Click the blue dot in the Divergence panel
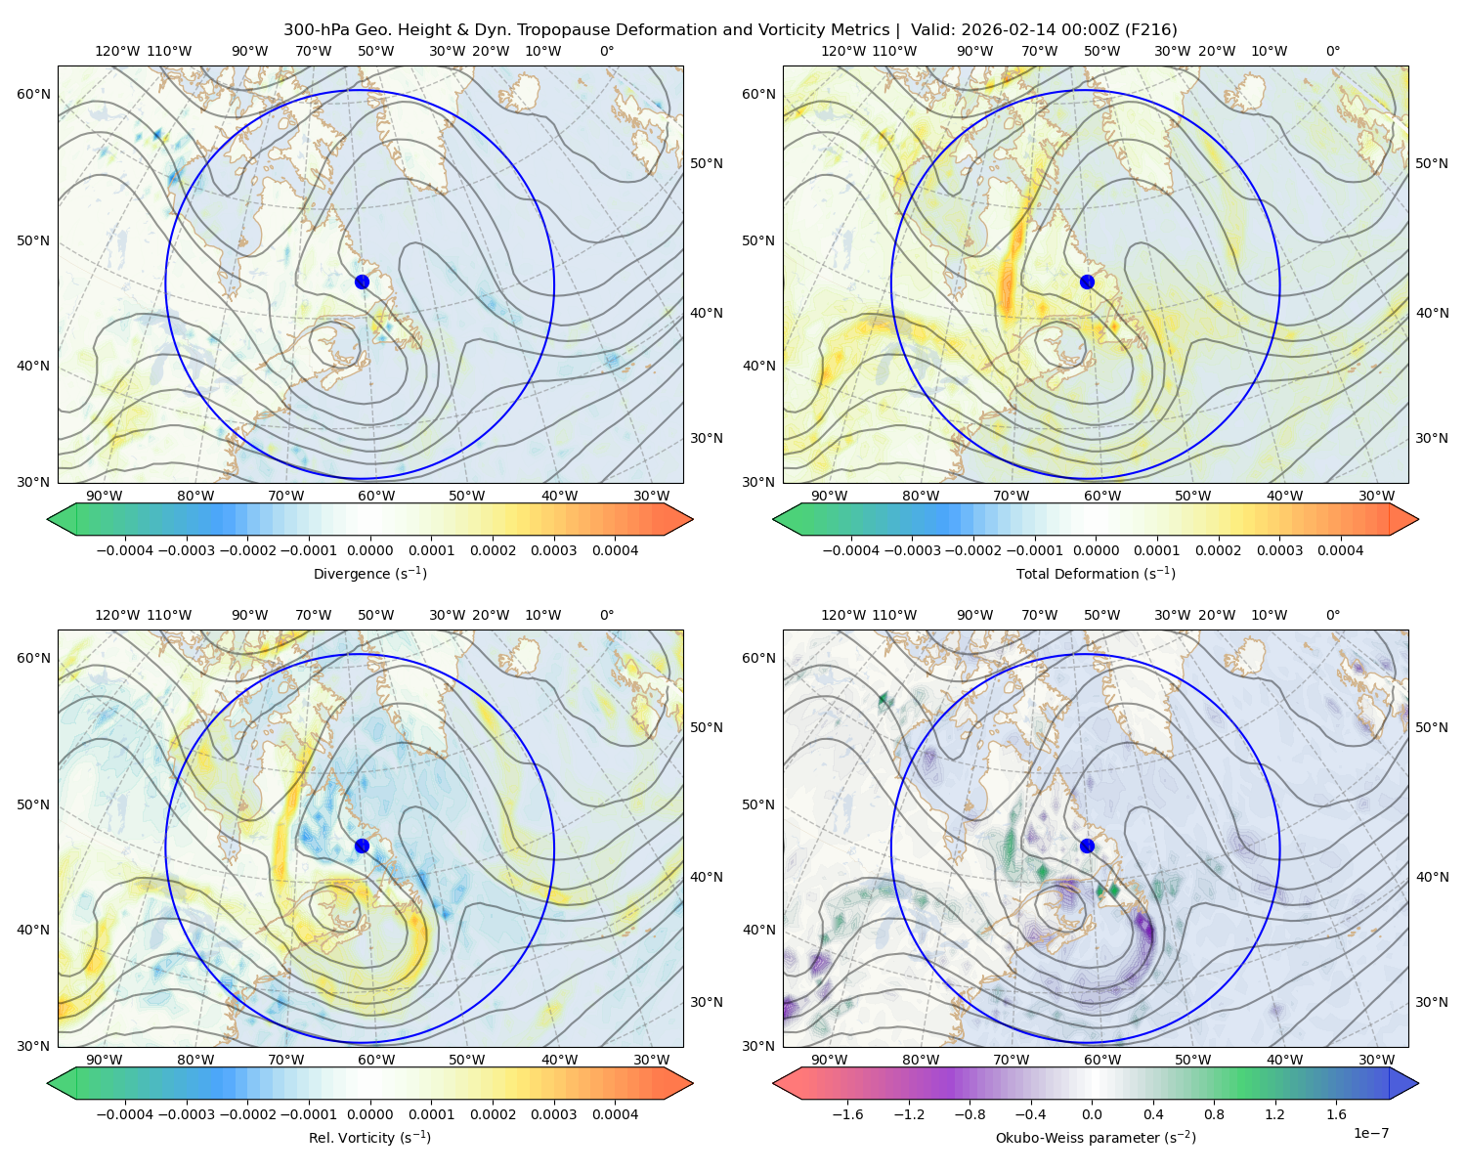click(x=362, y=282)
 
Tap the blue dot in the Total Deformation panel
click(x=1087, y=282)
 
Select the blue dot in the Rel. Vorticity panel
click(x=362, y=846)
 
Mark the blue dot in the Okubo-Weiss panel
click(x=1087, y=846)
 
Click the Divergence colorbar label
click(x=369, y=573)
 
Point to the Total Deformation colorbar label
click(x=1096, y=573)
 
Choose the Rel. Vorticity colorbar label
click(x=369, y=1137)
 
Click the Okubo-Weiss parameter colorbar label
click(x=1096, y=1137)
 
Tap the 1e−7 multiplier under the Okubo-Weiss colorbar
click(x=1370, y=1133)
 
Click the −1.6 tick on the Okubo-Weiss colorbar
click(x=847, y=1113)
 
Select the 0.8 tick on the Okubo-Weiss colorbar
click(x=1214, y=1113)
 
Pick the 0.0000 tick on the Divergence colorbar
click(x=369, y=550)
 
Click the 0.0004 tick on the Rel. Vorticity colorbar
click(x=615, y=1113)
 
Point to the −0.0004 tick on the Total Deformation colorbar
click(x=851, y=550)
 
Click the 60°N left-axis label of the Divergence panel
click(x=33, y=94)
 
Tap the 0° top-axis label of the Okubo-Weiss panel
click(x=1332, y=614)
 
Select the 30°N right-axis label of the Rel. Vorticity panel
click(x=707, y=1001)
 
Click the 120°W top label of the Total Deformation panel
click(x=842, y=51)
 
